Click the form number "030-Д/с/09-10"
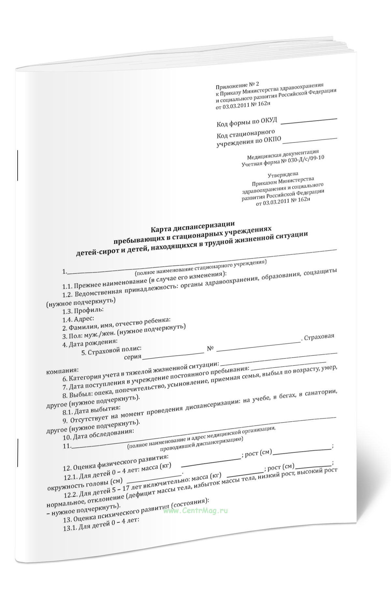307,159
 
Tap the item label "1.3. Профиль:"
83,310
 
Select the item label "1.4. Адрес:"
78,319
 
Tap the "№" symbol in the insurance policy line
210,348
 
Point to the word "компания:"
63,371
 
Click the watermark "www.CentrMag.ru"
195,511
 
